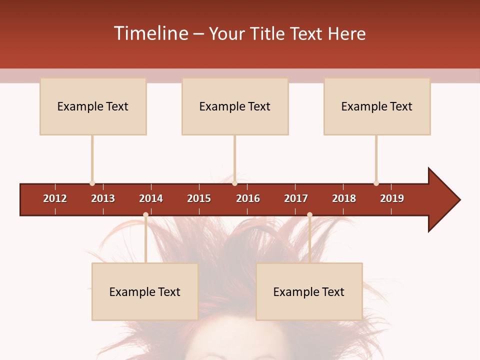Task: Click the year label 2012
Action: point(55,198)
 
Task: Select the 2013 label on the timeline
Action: point(103,198)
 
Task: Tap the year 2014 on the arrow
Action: point(151,198)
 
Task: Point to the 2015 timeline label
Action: point(199,198)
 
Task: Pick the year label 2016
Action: point(248,198)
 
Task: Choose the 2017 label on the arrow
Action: point(296,198)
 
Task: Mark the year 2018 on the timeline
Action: point(344,198)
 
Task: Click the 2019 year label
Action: point(392,198)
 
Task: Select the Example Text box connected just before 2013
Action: point(93,106)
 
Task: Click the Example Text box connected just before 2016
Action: point(235,106)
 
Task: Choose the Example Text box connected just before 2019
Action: point(377,106)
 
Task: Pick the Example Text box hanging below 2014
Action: point(145,291)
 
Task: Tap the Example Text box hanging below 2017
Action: point(309,291)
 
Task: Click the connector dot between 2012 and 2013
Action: point(92,183)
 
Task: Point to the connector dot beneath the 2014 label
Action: point(145,214)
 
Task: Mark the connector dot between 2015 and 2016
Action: point(234,183)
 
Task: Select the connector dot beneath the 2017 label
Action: point(309,214)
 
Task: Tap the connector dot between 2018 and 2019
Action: point(376,183)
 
